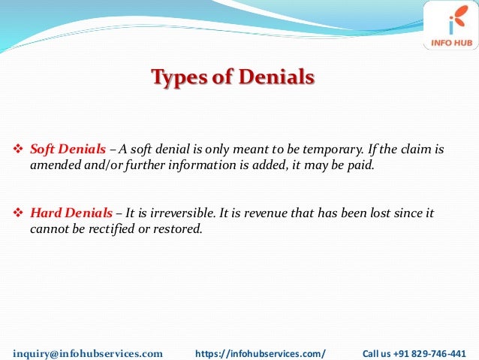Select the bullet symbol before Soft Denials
20,149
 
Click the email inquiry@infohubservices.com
88,352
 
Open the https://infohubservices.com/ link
261,352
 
